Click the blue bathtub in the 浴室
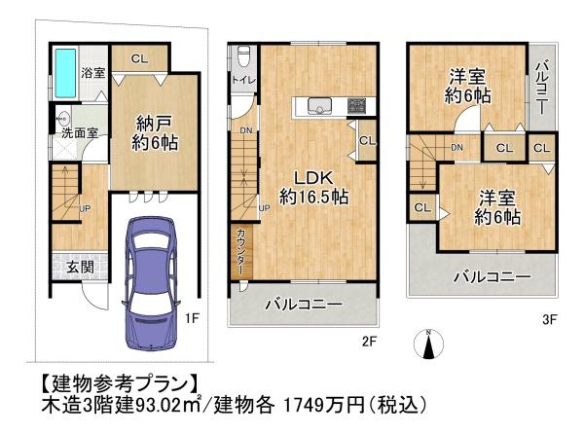[x=66, y=73]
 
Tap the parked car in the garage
[x=151, y=283]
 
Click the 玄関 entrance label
[x=80, y=267]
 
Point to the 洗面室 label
[x=80, y=133]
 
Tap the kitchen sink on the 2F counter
[x=320, y=105]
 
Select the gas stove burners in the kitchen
[x=357, y=105]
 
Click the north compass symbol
[x=428, y=344]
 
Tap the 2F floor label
[x=370, y=342]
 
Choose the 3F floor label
[x=550, y=319]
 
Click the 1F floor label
[x=192, y=318]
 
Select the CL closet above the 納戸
[x=139, y=58]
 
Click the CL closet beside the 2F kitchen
[x=367, y=140]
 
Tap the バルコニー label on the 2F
[x=304, y=305]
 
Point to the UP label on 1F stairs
[x=85, y=208]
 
